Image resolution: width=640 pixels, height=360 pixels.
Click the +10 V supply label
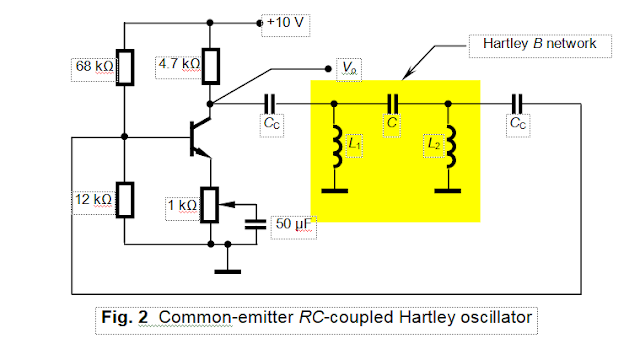tap(284, 21)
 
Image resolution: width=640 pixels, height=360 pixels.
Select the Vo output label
tap(350, 68)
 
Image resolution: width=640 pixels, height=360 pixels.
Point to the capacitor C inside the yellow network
tap(391, 103)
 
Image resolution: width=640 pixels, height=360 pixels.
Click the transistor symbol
tap(199, 137)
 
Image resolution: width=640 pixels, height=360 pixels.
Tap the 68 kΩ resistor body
tap(126, 66)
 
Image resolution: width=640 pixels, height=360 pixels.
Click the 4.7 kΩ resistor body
tap(210, 66)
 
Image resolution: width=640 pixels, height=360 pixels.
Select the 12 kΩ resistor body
tap(126, 199)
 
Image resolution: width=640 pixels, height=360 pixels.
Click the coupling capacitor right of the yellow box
tap(515, 103)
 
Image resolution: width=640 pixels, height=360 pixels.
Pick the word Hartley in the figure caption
tap(424, 317)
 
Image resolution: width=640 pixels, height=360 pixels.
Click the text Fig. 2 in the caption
tap(126, 317)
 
